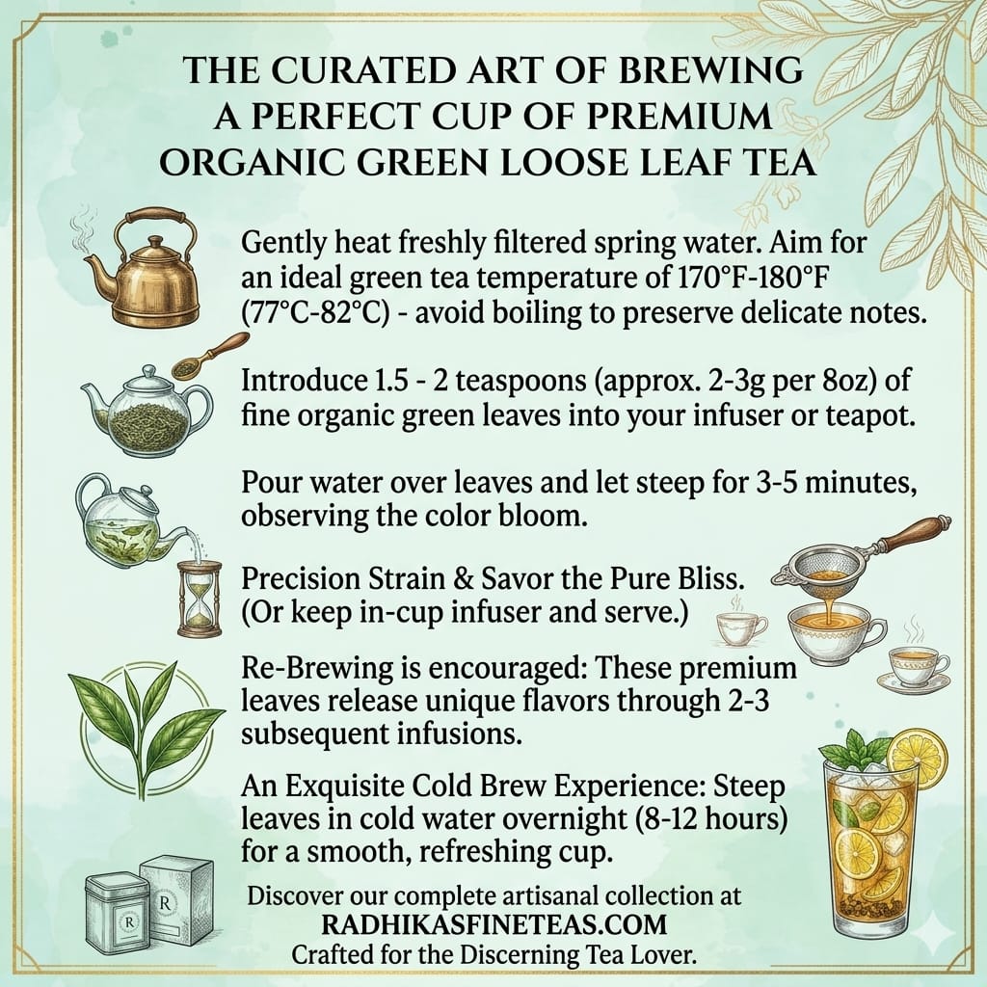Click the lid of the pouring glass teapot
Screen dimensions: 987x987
135,494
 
